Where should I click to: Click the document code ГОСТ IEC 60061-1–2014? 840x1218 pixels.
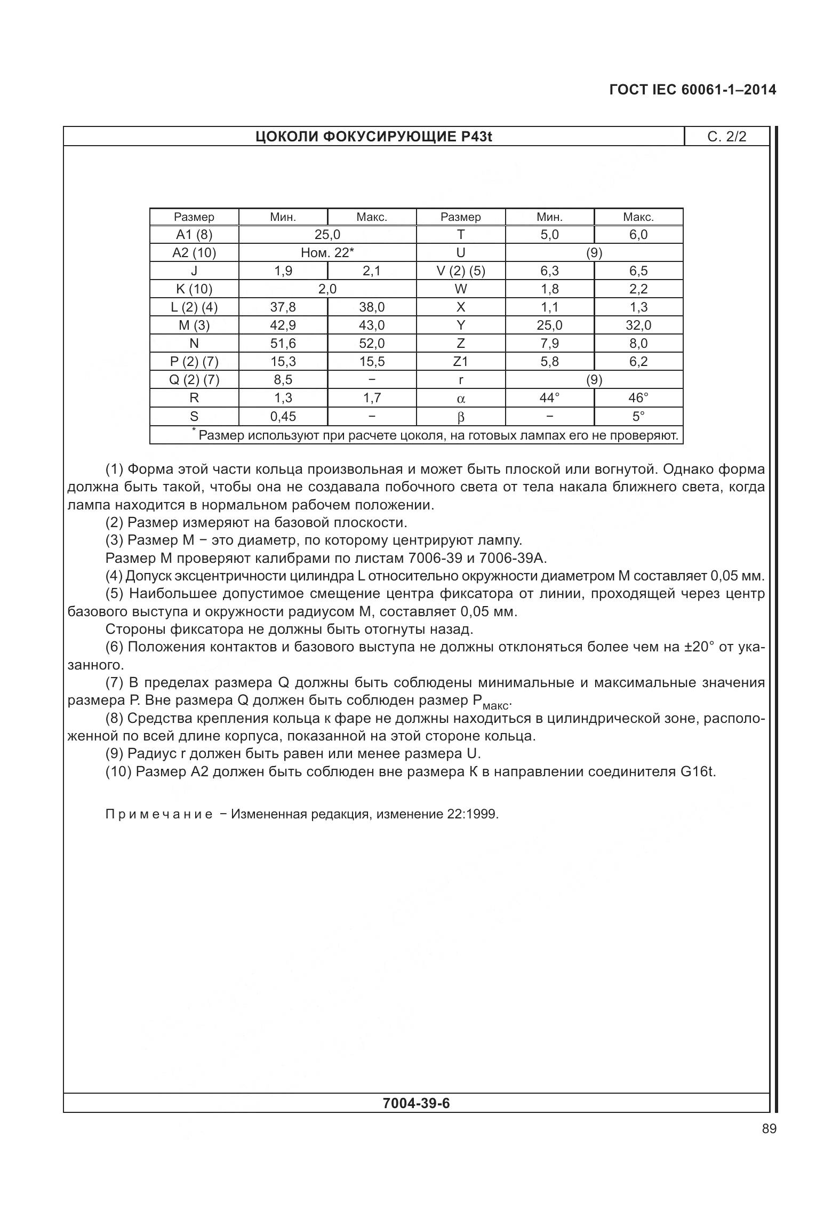click(x=692, y=90)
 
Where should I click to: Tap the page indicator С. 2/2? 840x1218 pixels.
click(x=726, y=137)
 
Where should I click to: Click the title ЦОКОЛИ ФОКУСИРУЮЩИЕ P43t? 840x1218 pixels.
click(x=373, y=137)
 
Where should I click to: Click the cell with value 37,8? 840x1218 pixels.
click(x=283, y=307)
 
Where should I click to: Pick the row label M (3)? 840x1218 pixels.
click(x=194, y=325)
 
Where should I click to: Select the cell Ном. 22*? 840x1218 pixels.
click(x=327, y=252)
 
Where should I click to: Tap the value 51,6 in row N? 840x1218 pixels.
click(x=283, y=343)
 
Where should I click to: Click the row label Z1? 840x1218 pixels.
click(x=460, y=361)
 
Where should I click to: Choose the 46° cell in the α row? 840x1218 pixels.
click(x=638, y=397)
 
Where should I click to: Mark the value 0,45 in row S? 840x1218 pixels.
click(x=283, y=416)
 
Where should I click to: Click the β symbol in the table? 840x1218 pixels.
click(x=461, y=417)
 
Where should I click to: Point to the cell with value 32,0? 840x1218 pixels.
click(x=638, y=325)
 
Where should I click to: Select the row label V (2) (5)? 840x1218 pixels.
click(x=460, y=270)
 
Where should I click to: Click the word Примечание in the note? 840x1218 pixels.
click(x=159, y=814)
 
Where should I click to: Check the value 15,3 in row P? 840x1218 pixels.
click(x=283, y=361)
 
